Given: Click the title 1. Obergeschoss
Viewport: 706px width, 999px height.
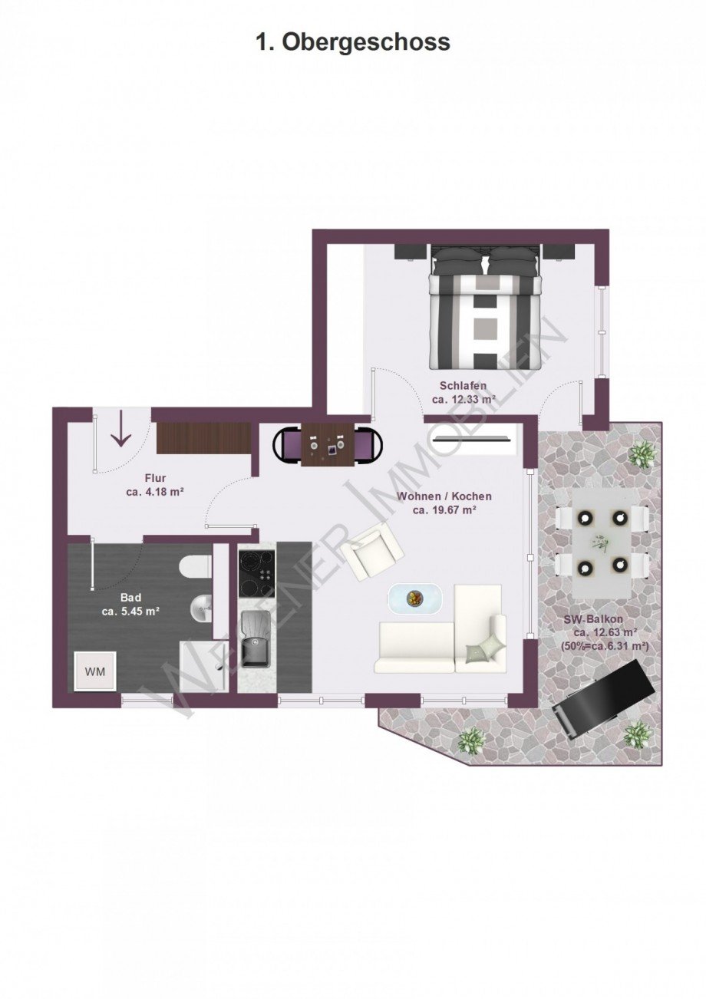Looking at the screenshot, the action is click(x=353, y=43).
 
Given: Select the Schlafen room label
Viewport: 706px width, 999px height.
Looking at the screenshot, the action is click(x=463, y=385).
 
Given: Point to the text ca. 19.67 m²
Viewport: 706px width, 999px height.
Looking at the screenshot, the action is click(x=444, y=510).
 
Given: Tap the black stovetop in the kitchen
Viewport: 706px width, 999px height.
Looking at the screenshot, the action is click(x=256, y=574).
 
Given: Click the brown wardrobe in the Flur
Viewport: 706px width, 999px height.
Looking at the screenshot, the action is click(x=204, y=438).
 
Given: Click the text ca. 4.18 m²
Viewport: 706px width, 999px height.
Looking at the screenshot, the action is click(x=156, y=493).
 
